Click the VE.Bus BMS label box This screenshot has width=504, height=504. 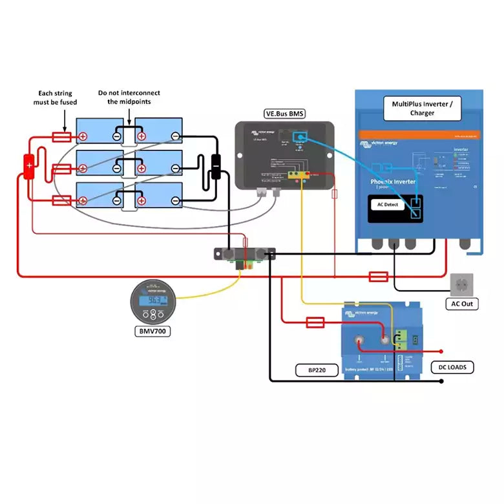pyautogui.click(x=285, y=114)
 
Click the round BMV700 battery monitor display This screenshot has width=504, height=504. pyautogui.click(x=153, y=300)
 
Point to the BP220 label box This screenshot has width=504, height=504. pyautogui.click(x=311, y=371)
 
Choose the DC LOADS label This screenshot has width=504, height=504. pyautogui.click(x=452, y=368)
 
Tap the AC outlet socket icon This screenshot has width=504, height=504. pyautogui.click(x=461, y=284)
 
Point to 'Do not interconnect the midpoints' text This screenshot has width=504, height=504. pyautogui.click(x=129, y=98)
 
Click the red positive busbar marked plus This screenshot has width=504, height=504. pyautogui.click(x=29, y=167)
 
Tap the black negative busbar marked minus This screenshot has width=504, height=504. pyautogui.click(x=216, y=166)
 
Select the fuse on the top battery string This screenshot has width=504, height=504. pyautogui.click(x=61, y=136)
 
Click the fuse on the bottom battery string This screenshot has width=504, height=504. pyautogui.click(x=61, y=200)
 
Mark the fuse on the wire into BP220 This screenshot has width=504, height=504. pyautogui.click(x=315, y=321)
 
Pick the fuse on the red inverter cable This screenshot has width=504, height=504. pyautogui.click(x=378, y=277)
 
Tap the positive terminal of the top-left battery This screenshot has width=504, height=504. pyautogui.click(x=83, y=136)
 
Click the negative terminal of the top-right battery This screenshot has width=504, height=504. pyautogui.click(x=175, y=136)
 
